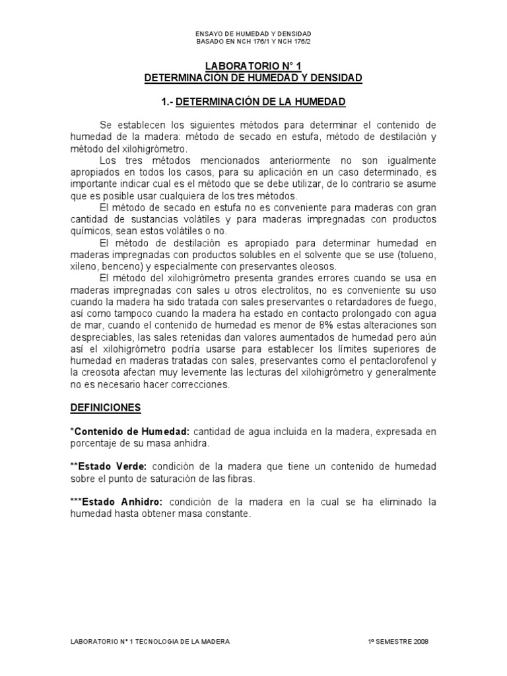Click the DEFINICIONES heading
(x=105, y=408)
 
